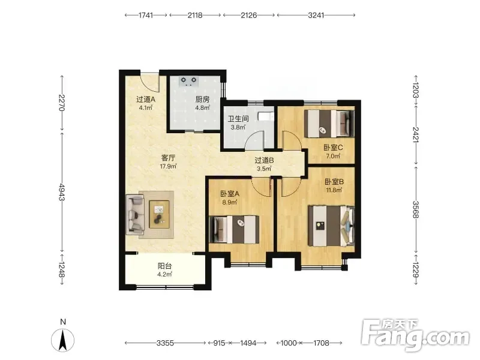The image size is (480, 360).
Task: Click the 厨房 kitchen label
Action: click(202, 100)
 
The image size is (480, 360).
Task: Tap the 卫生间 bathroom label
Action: click(238, 119)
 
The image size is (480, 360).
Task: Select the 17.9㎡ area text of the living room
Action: click(168, 167)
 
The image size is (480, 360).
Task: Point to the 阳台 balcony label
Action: click(164, 266)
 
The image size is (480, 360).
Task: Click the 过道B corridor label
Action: click(264, 160)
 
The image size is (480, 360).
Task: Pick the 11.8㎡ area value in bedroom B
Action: click(334, 190)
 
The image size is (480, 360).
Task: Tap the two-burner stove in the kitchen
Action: click(188, 81)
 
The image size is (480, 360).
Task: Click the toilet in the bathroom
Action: click(266, 116)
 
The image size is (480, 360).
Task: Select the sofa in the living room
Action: click(135, 214)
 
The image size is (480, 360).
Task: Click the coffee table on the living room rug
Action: click(159, 214)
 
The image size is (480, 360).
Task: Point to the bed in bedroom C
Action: click(329, 124)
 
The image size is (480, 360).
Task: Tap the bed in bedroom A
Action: click(234, 230)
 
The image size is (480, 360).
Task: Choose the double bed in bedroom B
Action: click(332, 226)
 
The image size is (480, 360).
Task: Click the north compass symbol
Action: click(63, 340)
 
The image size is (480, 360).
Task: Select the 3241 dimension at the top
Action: click(316, 15)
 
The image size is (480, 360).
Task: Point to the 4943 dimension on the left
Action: click(62, 192)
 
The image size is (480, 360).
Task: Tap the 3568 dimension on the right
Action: click(415, 209)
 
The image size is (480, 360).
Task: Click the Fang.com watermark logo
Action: click(415, 335)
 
